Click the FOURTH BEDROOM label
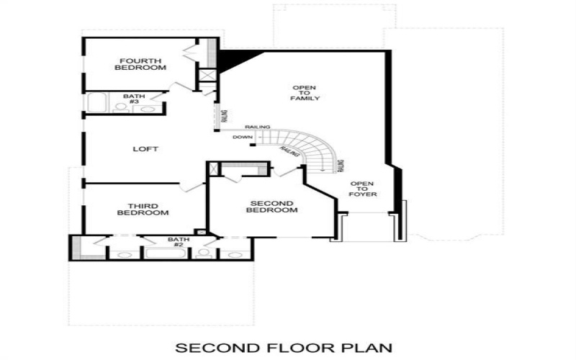click(x=140, y=64)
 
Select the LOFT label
click(x=145, y=150)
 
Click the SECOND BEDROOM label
click(x=271, y=205)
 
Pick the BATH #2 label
click(x=177, y=242)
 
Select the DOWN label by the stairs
click(x=241, y=137)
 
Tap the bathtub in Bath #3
click(x=100, y=102)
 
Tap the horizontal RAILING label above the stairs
click(x=257, y=127)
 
